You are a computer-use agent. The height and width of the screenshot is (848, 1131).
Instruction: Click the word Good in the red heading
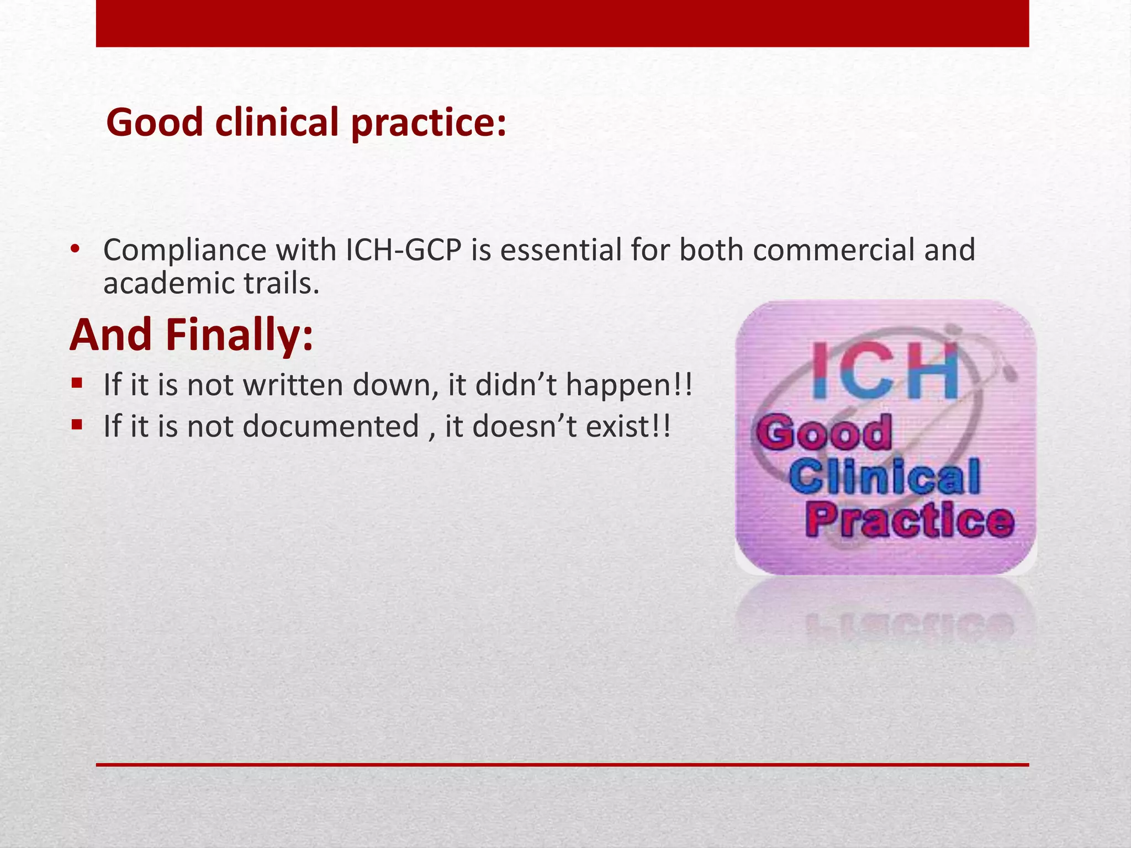(155, 123)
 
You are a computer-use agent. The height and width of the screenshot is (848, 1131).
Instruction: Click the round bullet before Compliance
(75, 249)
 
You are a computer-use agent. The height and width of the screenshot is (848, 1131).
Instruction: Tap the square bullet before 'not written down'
(77, 383)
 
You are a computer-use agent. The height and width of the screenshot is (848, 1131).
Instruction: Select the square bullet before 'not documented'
(77, 425)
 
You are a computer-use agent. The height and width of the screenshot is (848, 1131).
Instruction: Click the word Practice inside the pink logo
(909, 521)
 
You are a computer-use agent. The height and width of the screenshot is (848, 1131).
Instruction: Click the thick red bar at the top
(562, 23)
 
